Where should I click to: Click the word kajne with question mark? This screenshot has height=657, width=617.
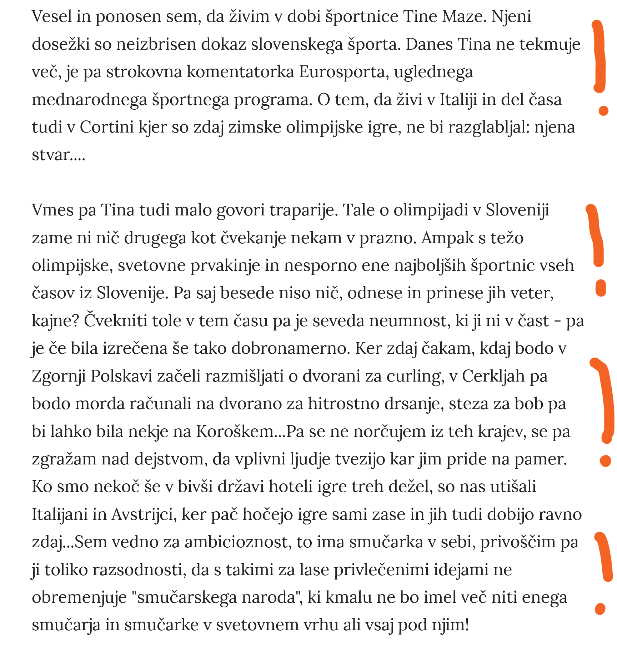click(55, 321)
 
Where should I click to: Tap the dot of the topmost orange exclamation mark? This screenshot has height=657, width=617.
click(603, 111)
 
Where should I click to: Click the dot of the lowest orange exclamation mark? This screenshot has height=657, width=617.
click(600, 609)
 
